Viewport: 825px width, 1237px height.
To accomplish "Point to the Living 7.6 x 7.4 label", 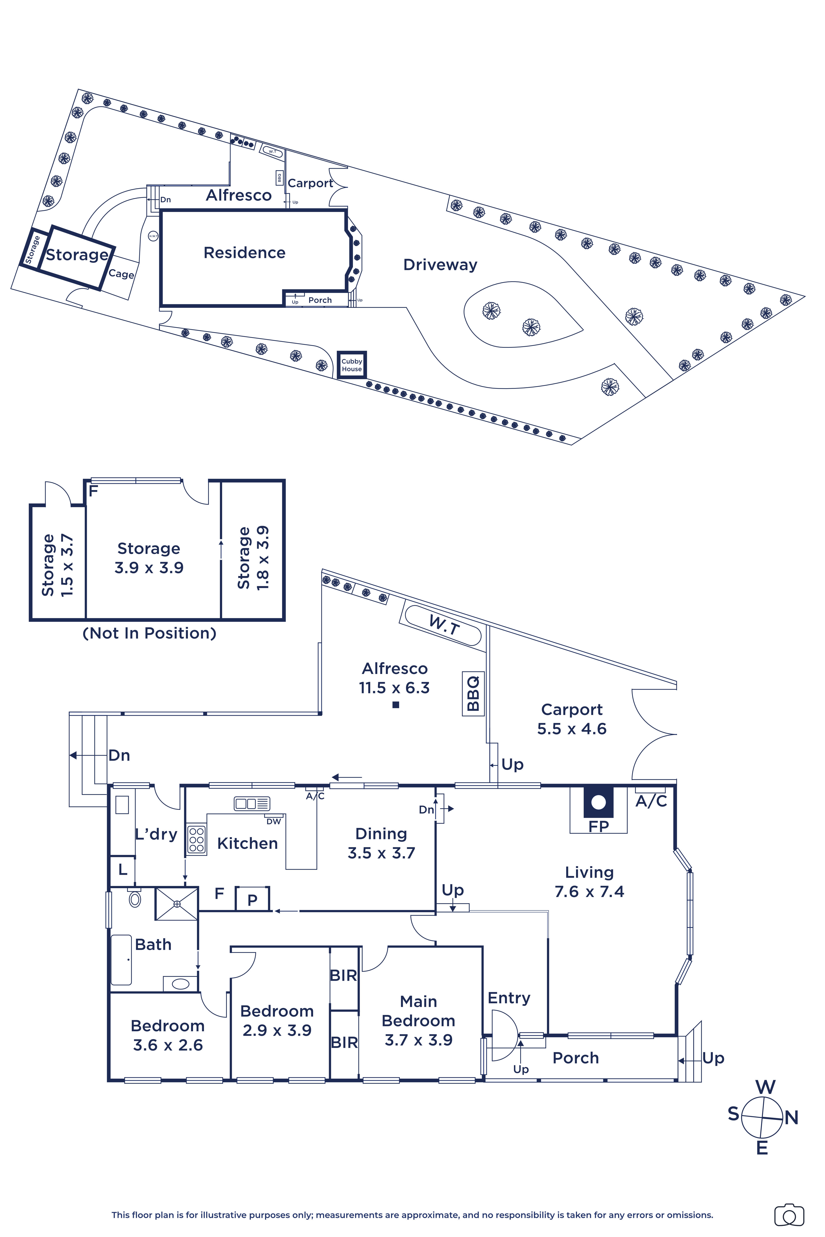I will point(589,882).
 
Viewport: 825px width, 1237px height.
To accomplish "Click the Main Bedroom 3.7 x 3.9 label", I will point(418,1020).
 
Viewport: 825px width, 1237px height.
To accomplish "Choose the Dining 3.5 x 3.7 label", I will point(381,843).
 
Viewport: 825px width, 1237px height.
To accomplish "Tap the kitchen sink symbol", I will point(251,804).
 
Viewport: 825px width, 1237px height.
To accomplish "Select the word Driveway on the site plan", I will point(440,265).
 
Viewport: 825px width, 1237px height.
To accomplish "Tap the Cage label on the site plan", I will point(121,274).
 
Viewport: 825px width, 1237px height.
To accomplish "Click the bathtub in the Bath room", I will point(121,960).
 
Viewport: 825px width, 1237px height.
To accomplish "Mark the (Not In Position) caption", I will point(149,633).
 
